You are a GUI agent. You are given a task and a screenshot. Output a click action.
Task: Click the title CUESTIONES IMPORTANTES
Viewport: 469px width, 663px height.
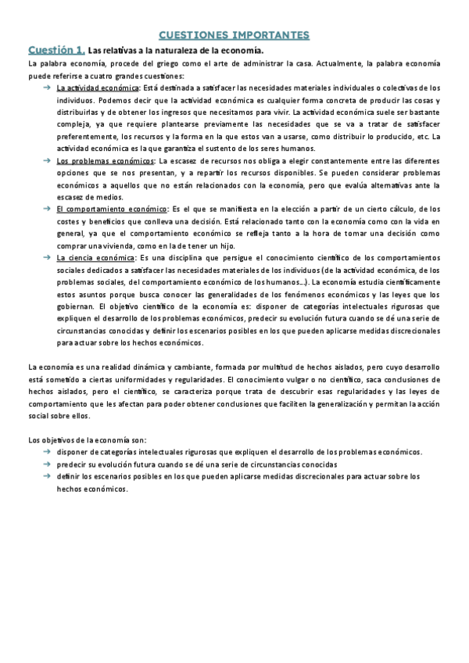coord(234,35)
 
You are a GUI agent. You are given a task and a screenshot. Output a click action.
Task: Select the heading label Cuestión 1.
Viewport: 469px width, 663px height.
coord(55,49)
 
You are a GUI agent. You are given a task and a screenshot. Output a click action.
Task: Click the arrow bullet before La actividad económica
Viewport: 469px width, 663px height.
coord(47,88)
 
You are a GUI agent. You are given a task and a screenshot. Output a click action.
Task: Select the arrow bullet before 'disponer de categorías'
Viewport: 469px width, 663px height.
coord(47,452)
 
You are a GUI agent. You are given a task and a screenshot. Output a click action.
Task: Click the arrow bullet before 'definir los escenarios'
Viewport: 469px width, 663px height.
coord(47,476)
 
